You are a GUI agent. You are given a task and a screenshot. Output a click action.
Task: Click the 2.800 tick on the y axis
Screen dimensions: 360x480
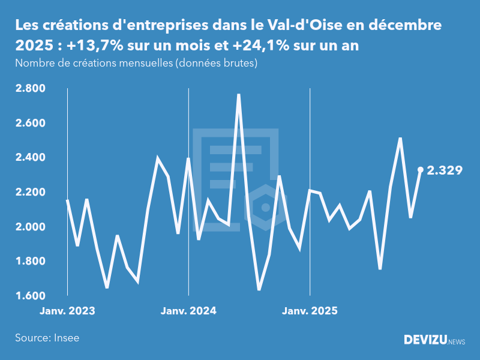pos(30,89)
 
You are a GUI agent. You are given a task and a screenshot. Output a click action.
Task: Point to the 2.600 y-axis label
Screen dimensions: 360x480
pos(30,124)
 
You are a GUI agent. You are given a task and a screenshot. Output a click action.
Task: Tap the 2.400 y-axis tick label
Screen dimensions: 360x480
pos(30,158)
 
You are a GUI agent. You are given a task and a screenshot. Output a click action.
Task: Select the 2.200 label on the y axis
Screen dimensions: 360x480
pos(30,193)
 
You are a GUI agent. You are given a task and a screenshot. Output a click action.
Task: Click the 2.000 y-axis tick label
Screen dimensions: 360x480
pos(30,227)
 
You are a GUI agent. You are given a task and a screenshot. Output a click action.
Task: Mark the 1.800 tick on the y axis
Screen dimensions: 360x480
pos(30,262)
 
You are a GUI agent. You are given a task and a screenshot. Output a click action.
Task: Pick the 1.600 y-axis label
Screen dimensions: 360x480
pos(30,296)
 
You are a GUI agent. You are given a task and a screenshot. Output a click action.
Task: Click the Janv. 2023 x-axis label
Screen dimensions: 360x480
pos(68,311)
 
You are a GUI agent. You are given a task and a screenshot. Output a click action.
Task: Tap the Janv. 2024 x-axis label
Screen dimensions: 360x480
pos(189,311)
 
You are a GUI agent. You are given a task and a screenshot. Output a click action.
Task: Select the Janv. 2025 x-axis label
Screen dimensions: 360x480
pos(310,311)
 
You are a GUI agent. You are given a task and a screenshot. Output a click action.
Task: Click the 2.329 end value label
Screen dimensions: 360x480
pos(444,170)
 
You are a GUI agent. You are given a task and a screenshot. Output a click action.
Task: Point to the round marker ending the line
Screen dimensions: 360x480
pos(421,170)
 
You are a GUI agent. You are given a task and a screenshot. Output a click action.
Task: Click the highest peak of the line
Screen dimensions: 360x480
pos(239,95)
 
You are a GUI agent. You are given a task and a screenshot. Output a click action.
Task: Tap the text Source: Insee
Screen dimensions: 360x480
pos(47,338)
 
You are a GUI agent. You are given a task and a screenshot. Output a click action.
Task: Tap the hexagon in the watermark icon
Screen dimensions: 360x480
pos(265,208)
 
